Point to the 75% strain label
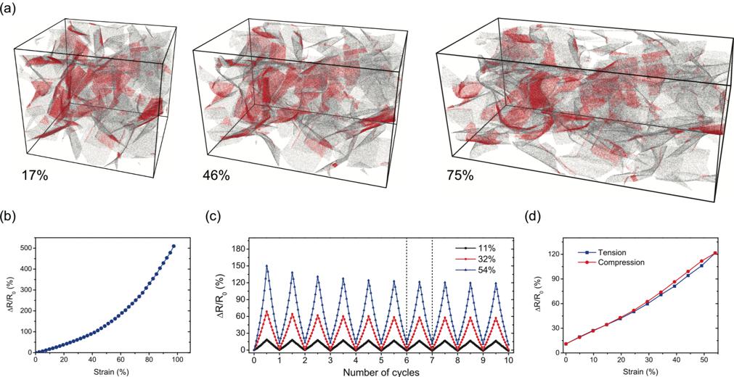tap(459, 175)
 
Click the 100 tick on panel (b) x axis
tap(175, 360)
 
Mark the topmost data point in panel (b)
tap(173, 246)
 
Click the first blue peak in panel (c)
tap(266, 266)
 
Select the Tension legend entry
tap(608, 252)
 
